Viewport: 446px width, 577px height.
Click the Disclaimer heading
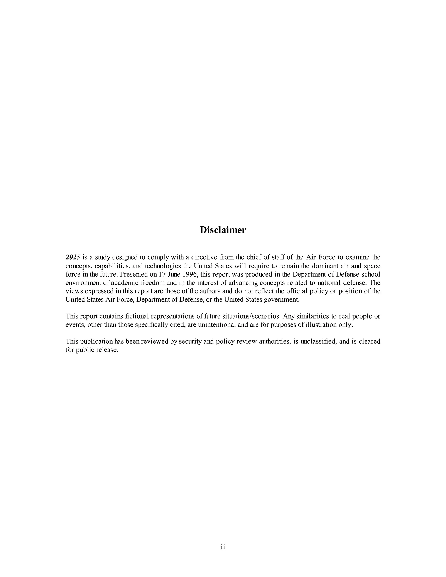coord(223,230)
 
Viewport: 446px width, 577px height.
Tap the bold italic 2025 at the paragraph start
coord(73,257)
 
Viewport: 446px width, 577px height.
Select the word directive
coord(204,257)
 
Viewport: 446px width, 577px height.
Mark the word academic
coord(125,283)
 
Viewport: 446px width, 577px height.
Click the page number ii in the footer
coord(223,547)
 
